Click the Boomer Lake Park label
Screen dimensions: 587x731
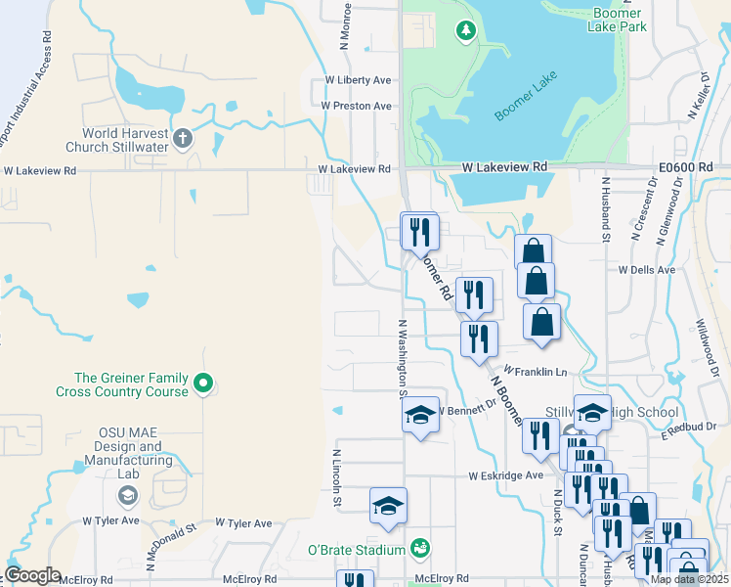pos(617,20)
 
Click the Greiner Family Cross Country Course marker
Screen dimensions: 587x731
pos(203,384)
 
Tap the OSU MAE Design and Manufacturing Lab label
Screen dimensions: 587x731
pos(122,454)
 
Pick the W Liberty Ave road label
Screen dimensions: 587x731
pos(359,80)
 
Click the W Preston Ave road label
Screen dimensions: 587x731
pos(357,106)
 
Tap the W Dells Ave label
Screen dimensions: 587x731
pos(646,269)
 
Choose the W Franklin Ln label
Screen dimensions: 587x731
pos(536,372)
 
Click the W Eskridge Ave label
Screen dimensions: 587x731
pos(505,475)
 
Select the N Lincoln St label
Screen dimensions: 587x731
pos(336,477)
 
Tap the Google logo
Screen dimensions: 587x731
pos(32,575)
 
